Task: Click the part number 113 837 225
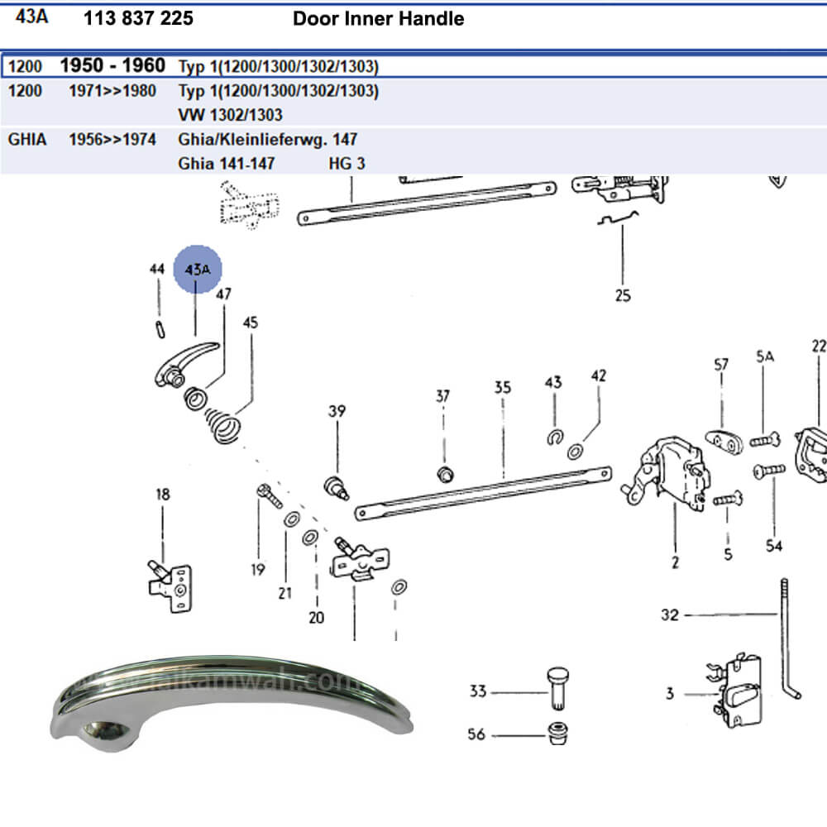click(x=138, y=18)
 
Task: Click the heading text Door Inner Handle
click(x=378, y=18)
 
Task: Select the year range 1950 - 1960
click(x=112, y=65)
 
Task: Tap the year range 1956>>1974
click(x=112, y=139)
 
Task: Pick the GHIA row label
click(x=27, y=139)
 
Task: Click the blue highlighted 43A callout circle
click(x=198, y=270)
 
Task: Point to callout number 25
click(x=622, y=294)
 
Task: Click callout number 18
click(x=163, y=495)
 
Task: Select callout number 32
click(x=669, y=614)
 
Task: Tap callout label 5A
click(x=764, y=356)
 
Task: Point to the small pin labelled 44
click(x=158, y=328)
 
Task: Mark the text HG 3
click(x=347, y=163)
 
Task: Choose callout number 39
click(x=337, y=411)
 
